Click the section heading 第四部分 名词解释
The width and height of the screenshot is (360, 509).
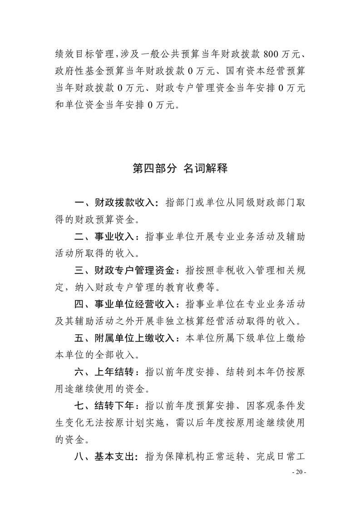coord(180,169)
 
